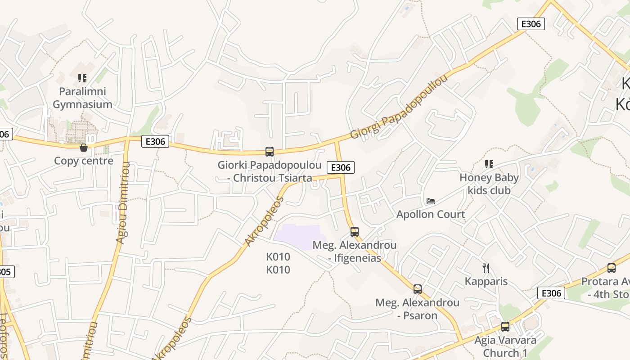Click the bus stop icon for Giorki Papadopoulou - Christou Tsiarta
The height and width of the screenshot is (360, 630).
[270, 152]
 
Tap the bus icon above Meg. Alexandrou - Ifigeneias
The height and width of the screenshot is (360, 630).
[355, 232]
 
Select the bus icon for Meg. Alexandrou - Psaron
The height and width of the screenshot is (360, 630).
[418, 289]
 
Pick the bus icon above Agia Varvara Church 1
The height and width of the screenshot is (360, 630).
[505, 327]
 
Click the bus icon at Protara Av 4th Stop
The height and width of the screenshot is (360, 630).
[611, 268]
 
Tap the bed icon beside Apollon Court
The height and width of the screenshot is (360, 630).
[431, 201]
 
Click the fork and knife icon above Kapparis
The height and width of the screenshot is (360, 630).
[486, 268]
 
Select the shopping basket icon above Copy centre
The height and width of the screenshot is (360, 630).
[84, 147]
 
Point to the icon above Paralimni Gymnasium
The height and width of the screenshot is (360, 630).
[82, 78]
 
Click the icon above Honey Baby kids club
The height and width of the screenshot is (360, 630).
[489, 164]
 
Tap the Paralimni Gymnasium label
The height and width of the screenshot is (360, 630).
[82, 98]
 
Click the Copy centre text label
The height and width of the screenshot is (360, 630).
[84, 161]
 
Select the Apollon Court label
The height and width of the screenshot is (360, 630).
[431, 214]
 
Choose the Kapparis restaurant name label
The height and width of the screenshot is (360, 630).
[486, 282]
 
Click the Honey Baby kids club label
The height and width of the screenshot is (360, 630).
[489, 184]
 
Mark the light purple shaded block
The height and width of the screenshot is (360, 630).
[299, 236]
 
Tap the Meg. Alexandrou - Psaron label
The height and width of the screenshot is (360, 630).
[418, 309]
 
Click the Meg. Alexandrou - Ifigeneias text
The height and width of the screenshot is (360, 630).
[355, 252]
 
